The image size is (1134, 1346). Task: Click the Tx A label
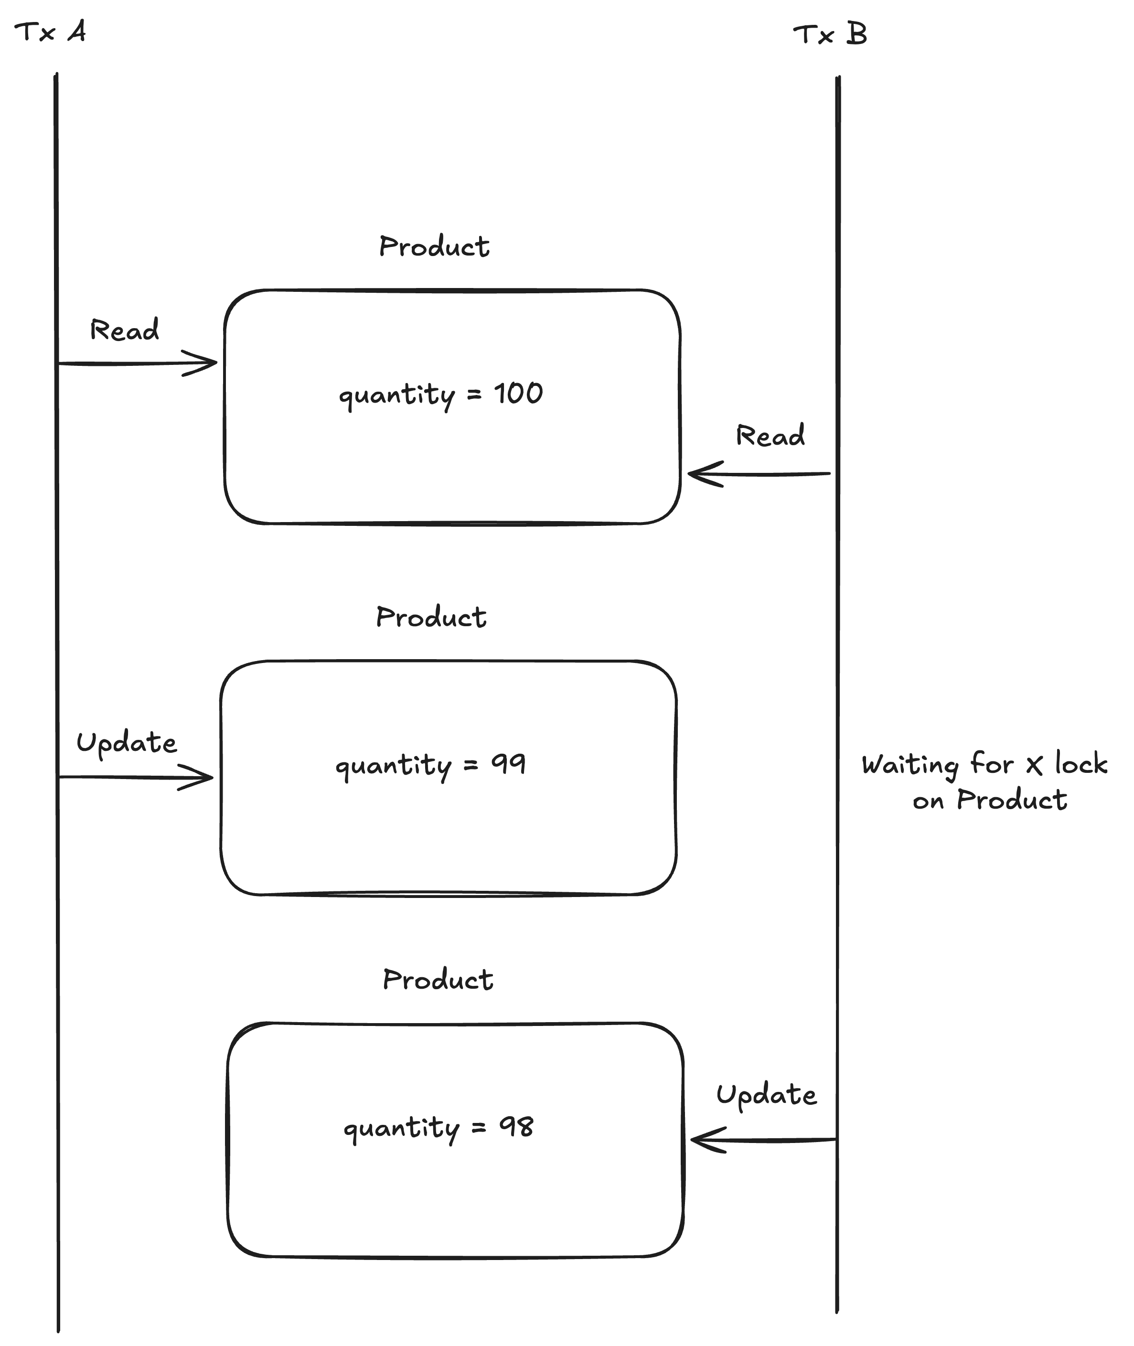[50, 32]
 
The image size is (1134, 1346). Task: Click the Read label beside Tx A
[124, 330]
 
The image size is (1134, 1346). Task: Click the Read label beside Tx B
[770, 435]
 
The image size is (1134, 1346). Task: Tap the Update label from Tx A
[127, 743]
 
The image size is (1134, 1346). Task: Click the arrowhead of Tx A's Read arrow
[216, 363]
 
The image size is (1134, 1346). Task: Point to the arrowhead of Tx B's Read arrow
[689, 474]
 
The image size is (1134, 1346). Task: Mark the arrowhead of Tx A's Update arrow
[212, 777]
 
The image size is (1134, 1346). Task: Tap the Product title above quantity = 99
[431, 617]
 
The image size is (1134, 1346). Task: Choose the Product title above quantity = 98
[438, 980]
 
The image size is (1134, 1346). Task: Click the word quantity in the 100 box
[396, 395]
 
